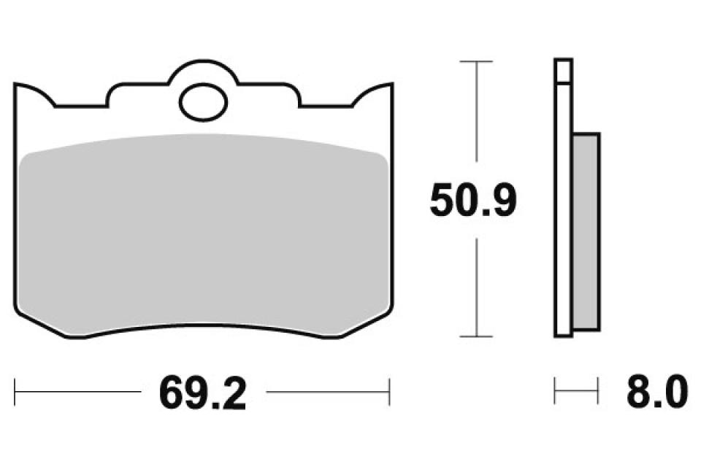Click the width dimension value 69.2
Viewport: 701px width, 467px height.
[x=202, y=394]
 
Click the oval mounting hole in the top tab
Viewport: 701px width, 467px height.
[x=204, y=101]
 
